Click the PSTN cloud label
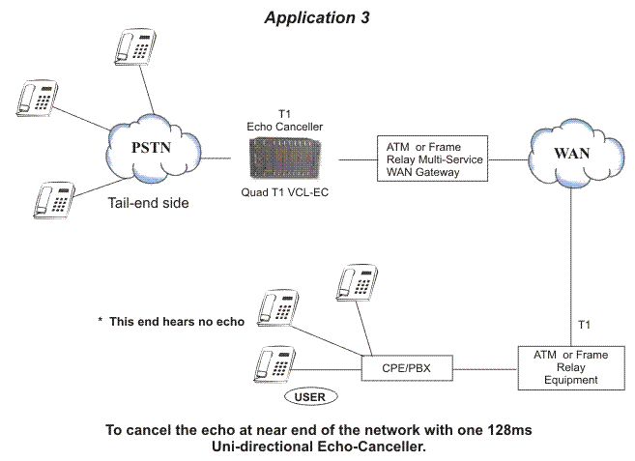point(151,148)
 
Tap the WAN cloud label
point(571,153)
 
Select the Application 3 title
point(317,17)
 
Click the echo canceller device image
point(285,158)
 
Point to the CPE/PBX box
point(407,368)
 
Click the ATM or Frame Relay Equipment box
point(571,368)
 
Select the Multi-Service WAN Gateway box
point(432,158)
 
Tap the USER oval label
point(310,396)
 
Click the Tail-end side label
point(148,203)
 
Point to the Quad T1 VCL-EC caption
point(285,192)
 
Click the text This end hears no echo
point(177,322)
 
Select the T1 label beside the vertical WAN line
point(584,325)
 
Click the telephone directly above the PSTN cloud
point(135,47)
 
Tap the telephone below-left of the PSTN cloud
point(54,200)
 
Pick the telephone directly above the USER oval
point(275,364)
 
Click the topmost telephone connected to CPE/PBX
point(358,283)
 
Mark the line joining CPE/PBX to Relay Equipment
point(485,369)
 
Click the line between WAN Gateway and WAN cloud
point(508,159)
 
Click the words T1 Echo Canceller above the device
point(285,120)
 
